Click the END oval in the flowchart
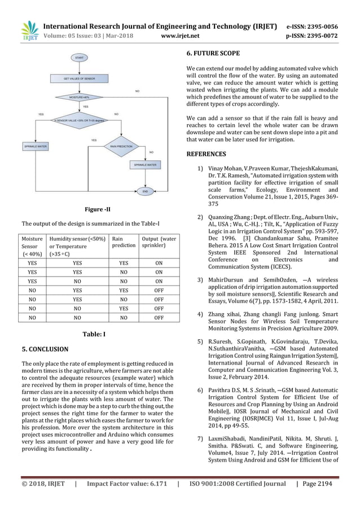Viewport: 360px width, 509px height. (x=146, y=192)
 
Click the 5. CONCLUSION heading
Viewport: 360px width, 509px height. (x=45, y=349)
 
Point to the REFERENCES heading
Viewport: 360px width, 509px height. (x=206, y=153)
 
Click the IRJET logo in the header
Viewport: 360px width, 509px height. (x=29, y=30)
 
